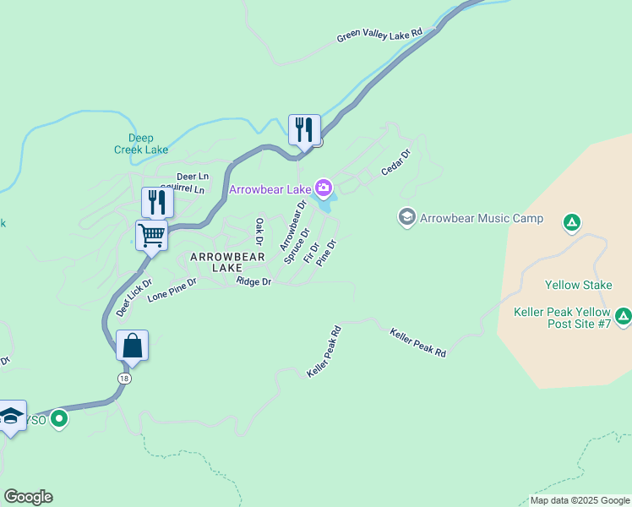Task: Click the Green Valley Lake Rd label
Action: (x=379, y=35)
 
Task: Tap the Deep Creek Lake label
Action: (x=141, y=144)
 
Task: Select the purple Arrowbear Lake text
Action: (x=270, y=189)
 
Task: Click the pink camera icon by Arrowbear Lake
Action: (x=323, y=187)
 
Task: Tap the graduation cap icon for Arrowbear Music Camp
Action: (x=407, y=218)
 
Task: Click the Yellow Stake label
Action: (x=578, y=285)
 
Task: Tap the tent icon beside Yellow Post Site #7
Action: (x=624, y=317)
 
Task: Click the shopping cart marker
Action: (x=152, y=234)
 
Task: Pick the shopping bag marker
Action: (x=133, y=346)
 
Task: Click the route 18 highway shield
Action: (x=125, y=377)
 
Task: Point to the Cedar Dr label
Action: (x=395, y=163)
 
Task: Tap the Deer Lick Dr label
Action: (x=133, y=297)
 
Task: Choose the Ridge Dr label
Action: (x=253, y=281)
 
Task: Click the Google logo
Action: (x=28, y=497)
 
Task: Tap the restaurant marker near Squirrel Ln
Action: (x=157, y=202)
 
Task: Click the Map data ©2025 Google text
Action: (x=580, y=500)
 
